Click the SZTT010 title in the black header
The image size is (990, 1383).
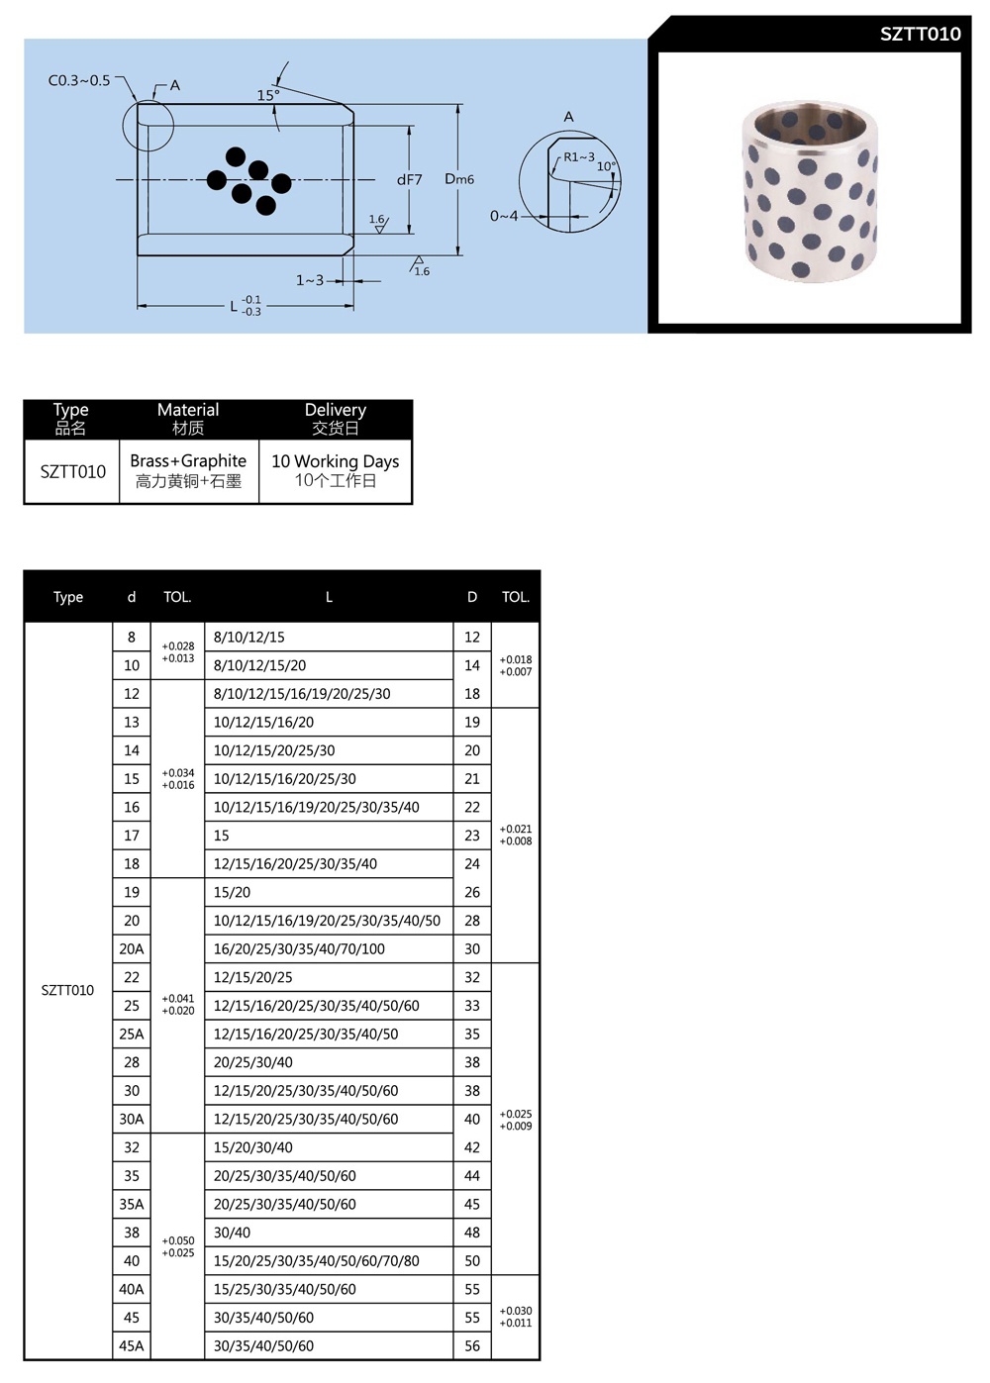point(920,34)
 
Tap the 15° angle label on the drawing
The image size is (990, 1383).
point(268,95)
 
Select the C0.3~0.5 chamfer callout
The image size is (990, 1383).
point(79,80)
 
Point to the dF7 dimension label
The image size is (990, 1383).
point(409,180)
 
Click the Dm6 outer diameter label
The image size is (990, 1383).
point(459,179)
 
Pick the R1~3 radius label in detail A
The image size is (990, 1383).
point(579,156)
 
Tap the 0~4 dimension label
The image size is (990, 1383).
point(504,216)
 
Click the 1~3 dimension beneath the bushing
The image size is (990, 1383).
point(310,280)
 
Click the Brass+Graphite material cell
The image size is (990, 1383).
point(188,470)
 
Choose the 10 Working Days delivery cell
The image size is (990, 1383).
point(335,470)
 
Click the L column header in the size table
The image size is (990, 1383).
point(329,597)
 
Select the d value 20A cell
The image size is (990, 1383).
point(132,948)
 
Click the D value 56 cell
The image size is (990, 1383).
point(472,1345)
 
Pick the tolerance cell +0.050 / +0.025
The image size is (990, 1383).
point(178,1246)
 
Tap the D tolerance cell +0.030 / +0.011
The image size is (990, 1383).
point(516,1317)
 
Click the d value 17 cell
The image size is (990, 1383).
point(132,836)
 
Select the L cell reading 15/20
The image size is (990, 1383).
point(233,892)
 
